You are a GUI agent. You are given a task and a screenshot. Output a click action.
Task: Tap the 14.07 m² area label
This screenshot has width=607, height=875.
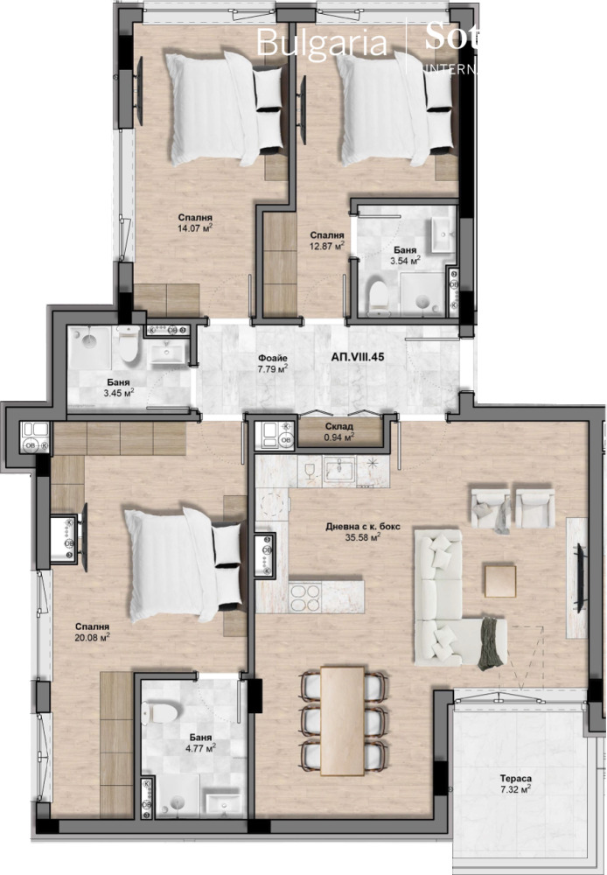195,230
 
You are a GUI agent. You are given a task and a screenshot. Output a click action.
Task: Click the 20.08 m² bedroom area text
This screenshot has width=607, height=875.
92,637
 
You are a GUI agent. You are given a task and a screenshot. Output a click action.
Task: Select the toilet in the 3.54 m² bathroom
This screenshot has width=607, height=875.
379,296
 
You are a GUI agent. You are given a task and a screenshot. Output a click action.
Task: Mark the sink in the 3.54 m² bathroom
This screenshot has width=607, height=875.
440,232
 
